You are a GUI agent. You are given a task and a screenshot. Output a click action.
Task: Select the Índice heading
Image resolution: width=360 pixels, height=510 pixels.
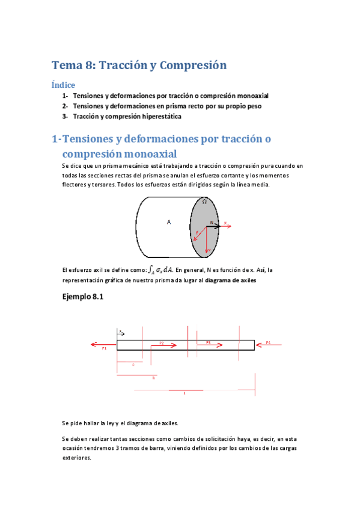tap(63, 85)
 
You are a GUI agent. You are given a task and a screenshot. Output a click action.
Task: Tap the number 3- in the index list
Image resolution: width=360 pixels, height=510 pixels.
tap(66, 116)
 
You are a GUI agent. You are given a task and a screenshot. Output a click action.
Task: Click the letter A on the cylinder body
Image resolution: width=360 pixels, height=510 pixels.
tap(169, 222)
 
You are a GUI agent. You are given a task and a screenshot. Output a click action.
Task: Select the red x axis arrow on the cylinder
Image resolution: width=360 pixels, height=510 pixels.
tap(227, 226)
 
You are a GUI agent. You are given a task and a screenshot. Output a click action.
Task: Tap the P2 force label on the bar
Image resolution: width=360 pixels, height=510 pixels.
tap(161, 342)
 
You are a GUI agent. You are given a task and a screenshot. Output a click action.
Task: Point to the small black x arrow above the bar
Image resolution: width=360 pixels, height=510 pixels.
tap(121, 331)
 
